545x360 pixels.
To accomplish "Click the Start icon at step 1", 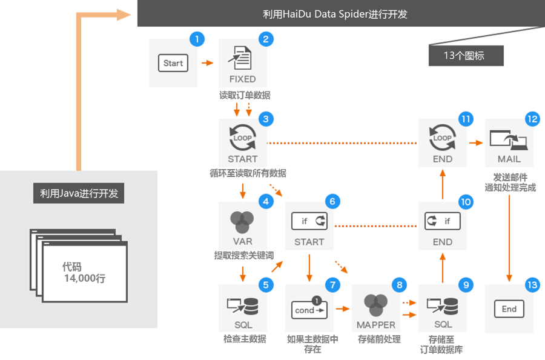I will click(173, 63).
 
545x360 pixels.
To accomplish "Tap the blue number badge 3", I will click(265, 119).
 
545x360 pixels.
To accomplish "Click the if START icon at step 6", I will click(309, 221).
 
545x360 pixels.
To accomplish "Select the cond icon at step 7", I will click(309, 309).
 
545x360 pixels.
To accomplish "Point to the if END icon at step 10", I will click(442, 221).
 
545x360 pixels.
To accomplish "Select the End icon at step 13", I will click(509, 309).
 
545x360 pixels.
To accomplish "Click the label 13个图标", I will click(464, 56).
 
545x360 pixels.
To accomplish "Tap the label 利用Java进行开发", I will click(79, 194).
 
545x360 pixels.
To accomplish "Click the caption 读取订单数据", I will click(245, 95).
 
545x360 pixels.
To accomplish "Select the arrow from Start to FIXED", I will click(207, 62).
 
